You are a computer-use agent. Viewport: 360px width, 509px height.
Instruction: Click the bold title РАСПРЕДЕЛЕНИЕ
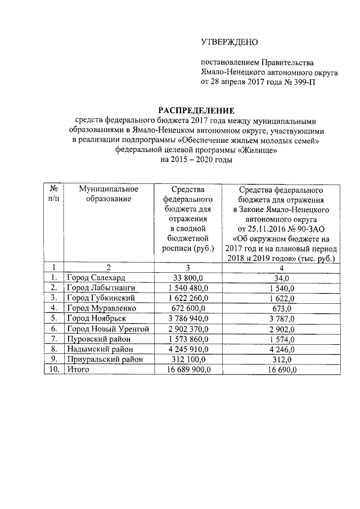(x=196, y=110)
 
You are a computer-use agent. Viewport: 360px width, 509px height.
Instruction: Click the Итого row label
(x=78, y=370)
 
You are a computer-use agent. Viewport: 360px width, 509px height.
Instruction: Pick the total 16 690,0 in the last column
(x=280, y=370)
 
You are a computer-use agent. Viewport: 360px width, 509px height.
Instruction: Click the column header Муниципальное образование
(x=109, y=193)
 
